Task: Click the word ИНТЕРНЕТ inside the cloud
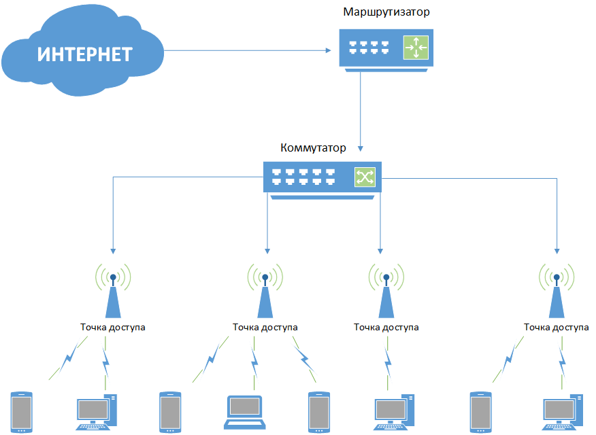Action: [84, 54]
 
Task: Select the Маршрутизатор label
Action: [386, 12]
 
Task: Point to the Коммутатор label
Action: [314, 147]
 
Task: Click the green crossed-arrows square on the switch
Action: [364, 177]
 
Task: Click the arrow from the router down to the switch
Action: [361, 109]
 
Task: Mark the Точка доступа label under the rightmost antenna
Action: [556, 327]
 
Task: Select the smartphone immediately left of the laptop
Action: [169, 411]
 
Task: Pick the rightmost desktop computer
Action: [564, 412]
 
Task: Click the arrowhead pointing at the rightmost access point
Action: [557, 249]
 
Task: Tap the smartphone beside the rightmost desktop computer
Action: [480, 411]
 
